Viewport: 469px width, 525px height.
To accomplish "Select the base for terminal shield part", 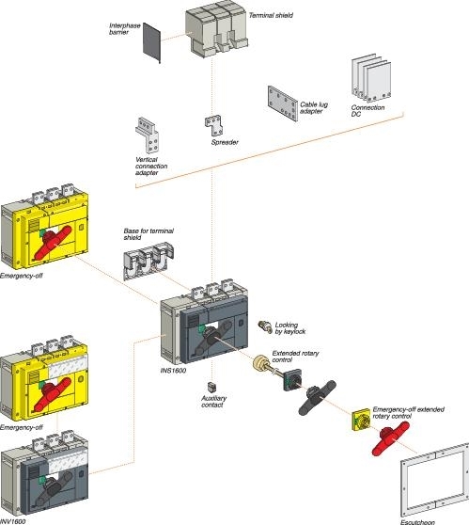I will click(155, 261).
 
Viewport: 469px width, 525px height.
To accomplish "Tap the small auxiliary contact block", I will click(212, 387).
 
